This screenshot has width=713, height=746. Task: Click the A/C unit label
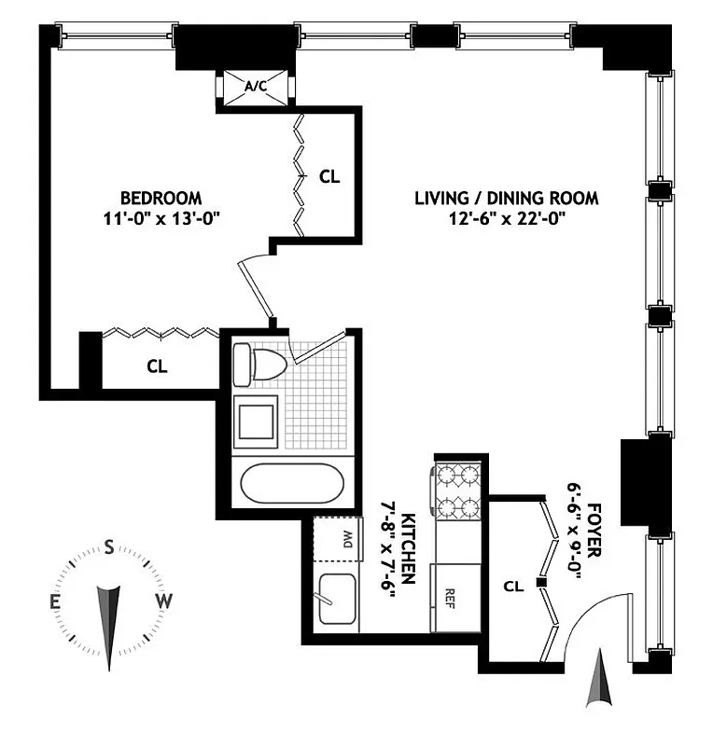click(256, 87)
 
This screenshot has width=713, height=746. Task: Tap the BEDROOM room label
click(161, 198)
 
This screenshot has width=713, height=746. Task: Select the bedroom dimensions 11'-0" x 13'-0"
click(161, 218)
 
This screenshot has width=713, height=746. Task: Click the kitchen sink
click(337, 598)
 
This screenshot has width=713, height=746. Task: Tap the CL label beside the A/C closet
click(329, 175)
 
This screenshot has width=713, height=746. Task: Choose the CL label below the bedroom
click(157, 367)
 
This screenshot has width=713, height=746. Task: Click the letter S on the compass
click(109, 547)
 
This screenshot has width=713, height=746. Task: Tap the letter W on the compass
click(164, 601)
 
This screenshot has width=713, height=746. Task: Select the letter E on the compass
click(56, 601)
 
